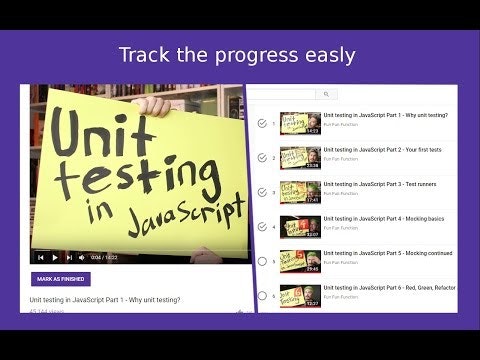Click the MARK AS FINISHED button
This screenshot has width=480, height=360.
pos(59,279)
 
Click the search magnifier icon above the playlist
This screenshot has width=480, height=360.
pos(326,94)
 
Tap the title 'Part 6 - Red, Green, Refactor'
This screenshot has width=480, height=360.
pos(389,287)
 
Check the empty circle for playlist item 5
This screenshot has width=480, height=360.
pos(262,261)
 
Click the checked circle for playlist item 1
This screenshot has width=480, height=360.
pos(262,124)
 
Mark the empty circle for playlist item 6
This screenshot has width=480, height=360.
pos(262,295)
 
